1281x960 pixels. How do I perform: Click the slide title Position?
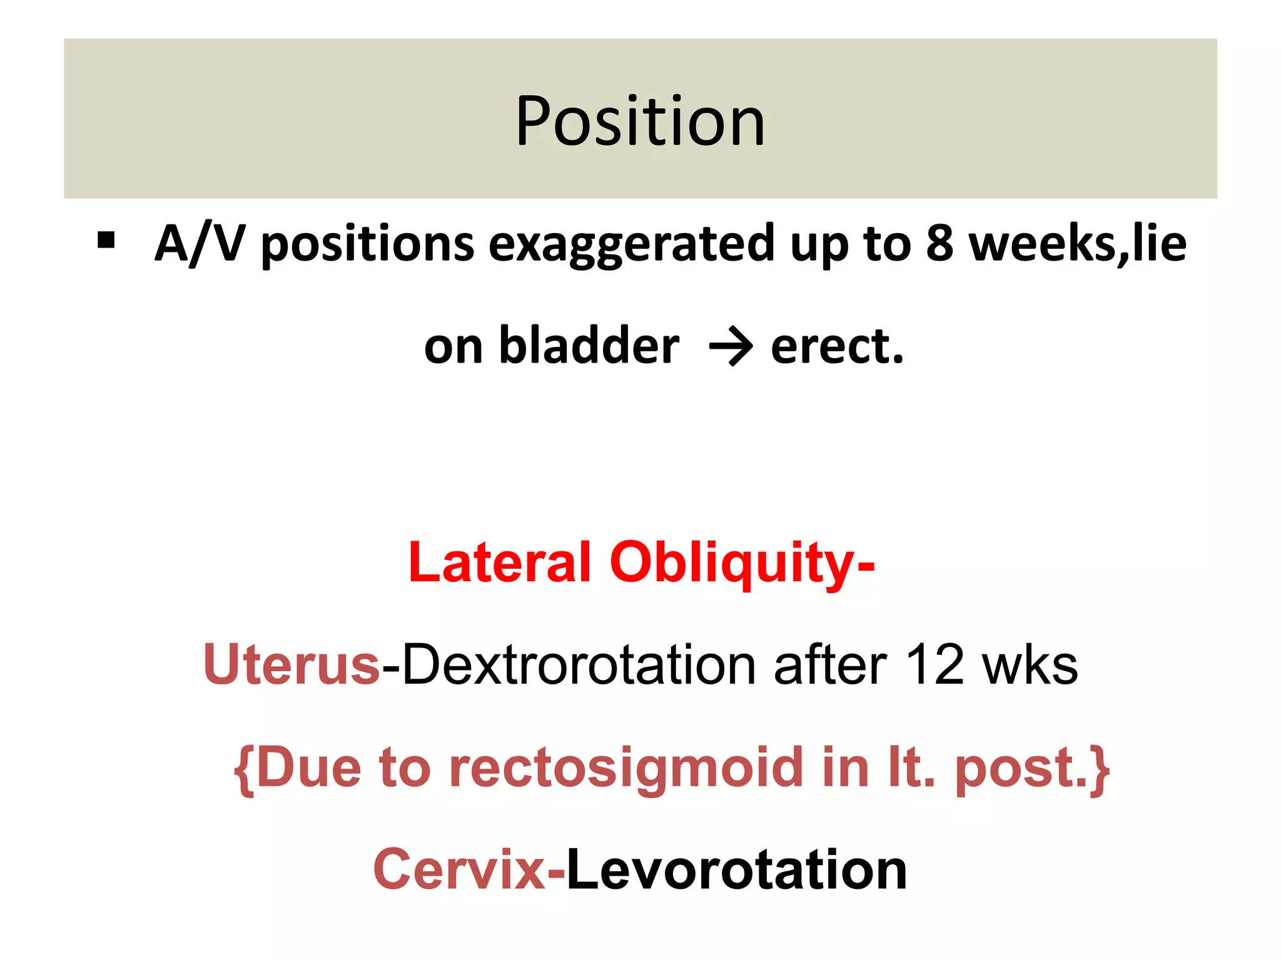[640, 121]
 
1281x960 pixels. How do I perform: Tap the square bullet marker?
[106, 241]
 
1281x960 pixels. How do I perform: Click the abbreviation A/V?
[199, 244]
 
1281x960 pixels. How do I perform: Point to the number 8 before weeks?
[939, 244]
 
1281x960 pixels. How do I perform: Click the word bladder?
[589, 346]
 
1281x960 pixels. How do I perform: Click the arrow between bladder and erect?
[731, 347]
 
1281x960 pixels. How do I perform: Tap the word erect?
[837, 347]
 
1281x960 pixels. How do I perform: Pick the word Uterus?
[291, 664]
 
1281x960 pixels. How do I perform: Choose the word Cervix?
[460, 870]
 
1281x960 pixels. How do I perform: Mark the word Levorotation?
[736, 870]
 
